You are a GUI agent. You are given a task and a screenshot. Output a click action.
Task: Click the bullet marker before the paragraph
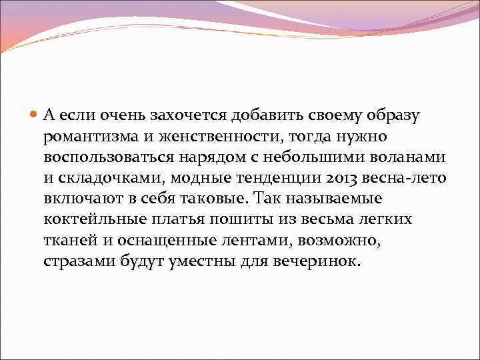35,115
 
